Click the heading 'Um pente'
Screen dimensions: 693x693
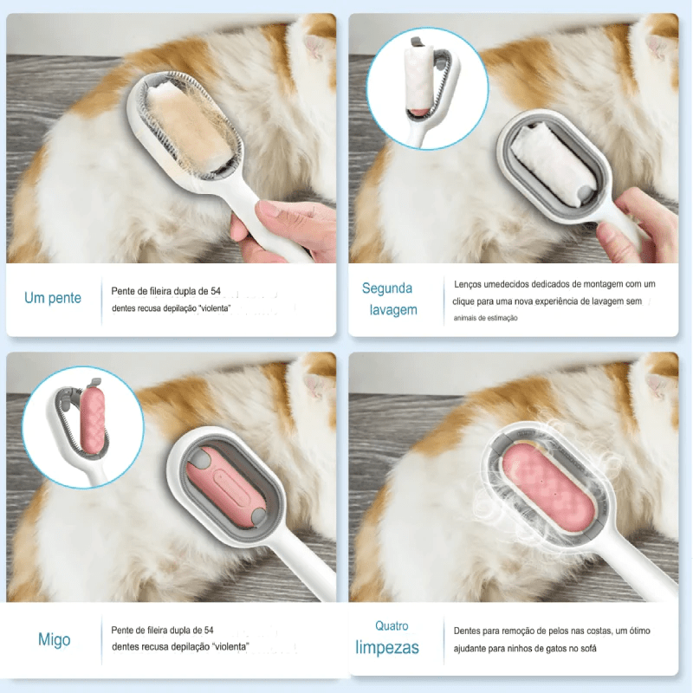coord(53,298)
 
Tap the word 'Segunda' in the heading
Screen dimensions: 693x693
coord(387,288)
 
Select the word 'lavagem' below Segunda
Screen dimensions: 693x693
coord(393,310)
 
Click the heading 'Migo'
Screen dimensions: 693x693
coord(54,639)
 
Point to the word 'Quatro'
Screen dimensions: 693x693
coord(392,625)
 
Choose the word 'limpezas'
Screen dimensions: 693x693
coord(387,647)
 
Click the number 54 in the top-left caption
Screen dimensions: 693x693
coord(216,291)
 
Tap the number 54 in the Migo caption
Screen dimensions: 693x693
coord(209,630)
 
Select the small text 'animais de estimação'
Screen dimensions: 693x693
coord(485,318)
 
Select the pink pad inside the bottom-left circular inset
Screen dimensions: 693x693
coord(93,420)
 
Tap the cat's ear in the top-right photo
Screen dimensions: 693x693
coord(658,49)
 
